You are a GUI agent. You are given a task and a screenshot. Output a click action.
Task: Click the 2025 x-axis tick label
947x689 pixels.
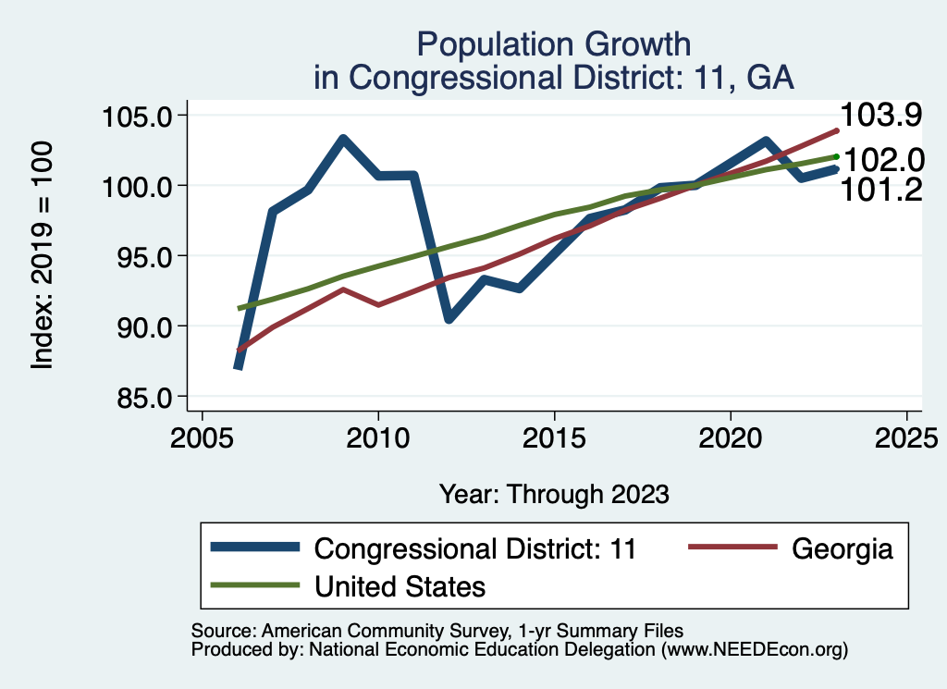point(907,435)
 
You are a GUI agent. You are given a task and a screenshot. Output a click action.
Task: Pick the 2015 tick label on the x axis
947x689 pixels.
point(554,435)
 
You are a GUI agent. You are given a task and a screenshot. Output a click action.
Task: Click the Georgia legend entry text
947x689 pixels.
point(842,548)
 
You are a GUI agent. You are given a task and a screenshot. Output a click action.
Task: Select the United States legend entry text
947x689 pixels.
point(400,586)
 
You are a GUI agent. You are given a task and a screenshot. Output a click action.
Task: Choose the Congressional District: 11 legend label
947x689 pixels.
point(475,548)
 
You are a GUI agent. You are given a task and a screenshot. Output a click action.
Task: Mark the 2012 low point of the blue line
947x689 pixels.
point(449,319)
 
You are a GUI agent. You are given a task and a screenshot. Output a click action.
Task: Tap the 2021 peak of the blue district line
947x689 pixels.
point(766,141)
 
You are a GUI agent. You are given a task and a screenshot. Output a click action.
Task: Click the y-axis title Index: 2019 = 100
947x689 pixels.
point(43,256)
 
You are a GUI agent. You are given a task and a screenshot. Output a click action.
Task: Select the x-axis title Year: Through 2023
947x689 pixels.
point(553,494)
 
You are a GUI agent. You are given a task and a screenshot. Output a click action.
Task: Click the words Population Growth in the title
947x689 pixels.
point(553,44)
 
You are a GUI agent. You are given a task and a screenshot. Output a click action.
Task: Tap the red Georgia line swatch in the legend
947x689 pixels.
point(732,548)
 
